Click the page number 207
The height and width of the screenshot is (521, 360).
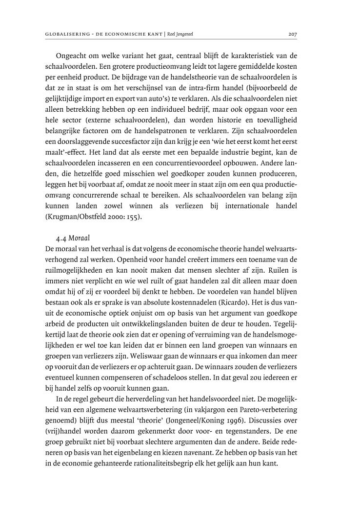coord(293,34)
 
